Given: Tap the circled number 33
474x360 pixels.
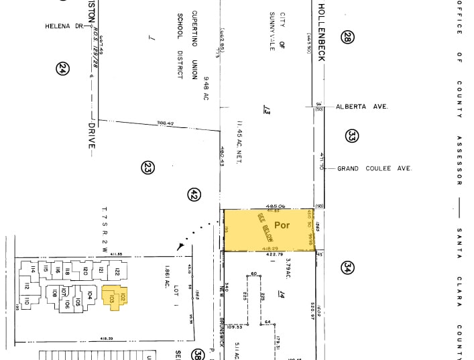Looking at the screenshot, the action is click(x=352, y=137).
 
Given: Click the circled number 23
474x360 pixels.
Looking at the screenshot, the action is click(x=148, y=168).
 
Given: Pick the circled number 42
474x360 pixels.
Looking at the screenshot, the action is click(x=194, y=194).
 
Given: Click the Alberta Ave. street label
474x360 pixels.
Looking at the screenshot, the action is click(x=362, y=107).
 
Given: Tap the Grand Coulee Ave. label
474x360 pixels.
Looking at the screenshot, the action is click(x=373, y=168).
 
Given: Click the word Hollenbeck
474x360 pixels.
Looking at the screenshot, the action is click(x=321, y=32).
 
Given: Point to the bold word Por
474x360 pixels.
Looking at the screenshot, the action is click(x=282, y=225).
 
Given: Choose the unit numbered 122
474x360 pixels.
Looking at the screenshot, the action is click(x=116, y=271).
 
